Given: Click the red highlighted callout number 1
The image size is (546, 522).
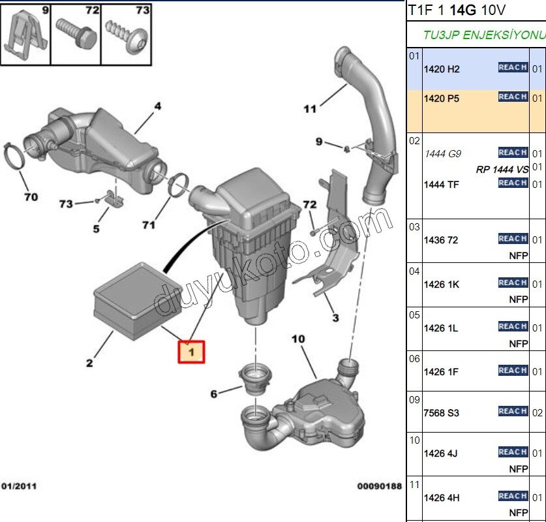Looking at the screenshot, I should (191, 352).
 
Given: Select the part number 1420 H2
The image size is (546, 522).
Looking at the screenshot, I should (442, 69).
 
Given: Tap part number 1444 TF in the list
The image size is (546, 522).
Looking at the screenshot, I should (442, 185).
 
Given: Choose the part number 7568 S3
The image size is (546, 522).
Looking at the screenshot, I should (442, 413).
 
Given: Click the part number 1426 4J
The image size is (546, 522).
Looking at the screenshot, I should (442, 453).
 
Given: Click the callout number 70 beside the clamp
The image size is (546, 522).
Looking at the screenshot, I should (31, 196).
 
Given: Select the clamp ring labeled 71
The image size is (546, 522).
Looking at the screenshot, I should (179, 185).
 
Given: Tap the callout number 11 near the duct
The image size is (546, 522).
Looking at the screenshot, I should (310, 109).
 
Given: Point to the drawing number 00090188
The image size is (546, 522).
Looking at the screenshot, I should (379, 486).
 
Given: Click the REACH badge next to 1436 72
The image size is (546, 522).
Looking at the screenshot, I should (513, 239).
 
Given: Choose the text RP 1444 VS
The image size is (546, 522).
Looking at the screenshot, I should (502, 170).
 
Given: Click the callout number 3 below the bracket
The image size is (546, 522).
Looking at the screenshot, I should (335, 318).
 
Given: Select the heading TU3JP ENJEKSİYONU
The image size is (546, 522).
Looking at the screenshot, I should (483, 35).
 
